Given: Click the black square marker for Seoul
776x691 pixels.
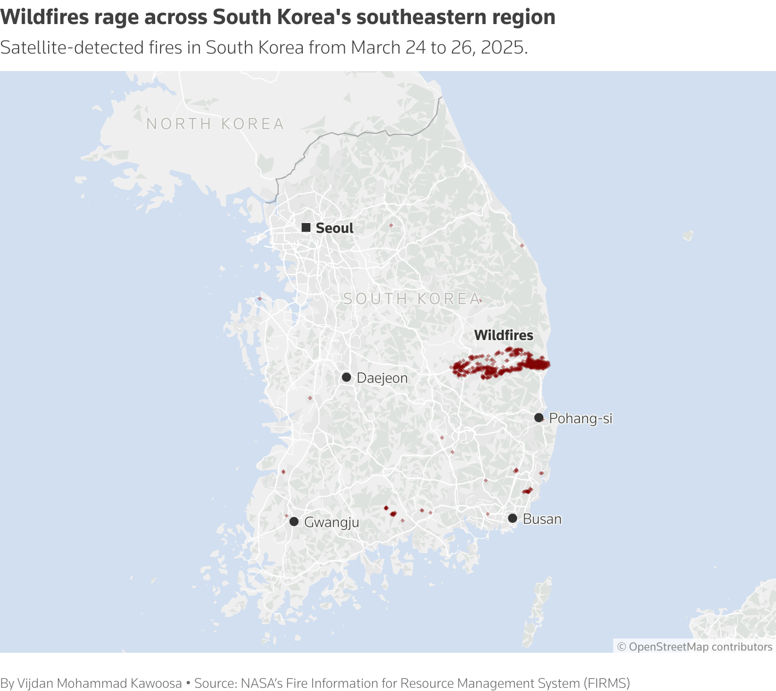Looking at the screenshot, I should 306,227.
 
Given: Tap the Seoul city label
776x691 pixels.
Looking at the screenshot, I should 334,228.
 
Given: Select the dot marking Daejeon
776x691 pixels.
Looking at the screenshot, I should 346,377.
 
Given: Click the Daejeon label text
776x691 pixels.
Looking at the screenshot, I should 382,378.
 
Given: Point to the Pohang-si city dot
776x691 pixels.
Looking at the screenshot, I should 539,418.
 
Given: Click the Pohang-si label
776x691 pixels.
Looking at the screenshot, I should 580,418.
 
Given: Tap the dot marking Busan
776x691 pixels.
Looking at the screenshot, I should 513,518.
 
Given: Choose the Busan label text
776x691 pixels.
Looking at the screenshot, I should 542,519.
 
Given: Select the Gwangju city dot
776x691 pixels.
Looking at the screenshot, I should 294,522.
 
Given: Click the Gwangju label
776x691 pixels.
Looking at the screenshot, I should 331,522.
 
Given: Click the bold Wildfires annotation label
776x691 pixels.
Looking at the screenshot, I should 503,335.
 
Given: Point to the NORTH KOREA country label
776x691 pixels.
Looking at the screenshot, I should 215,124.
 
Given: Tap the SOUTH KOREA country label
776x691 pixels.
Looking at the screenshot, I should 412,298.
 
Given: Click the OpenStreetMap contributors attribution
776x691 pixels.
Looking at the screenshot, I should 695,647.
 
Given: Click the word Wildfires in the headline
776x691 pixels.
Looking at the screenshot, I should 45,17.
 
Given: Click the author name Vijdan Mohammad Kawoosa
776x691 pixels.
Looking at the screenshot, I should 99,683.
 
